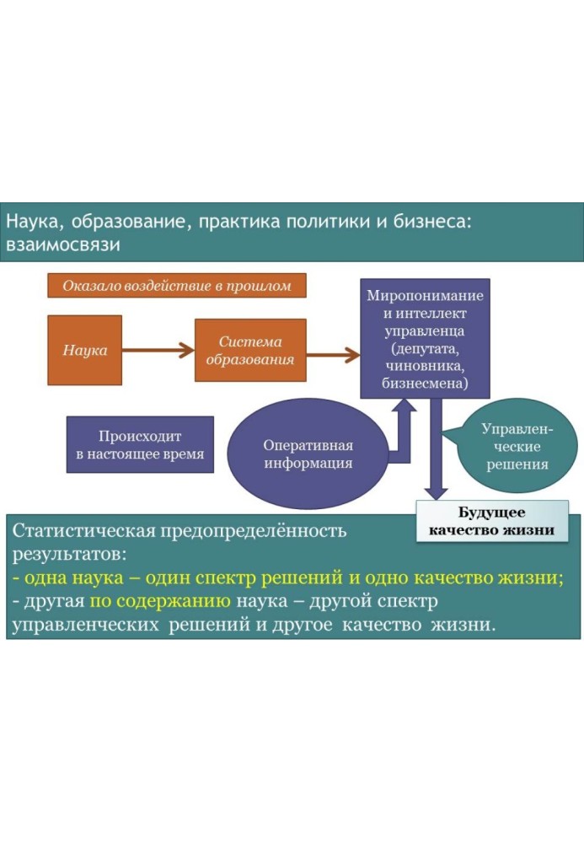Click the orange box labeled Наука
84,350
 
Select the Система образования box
250,351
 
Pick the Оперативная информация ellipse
308,454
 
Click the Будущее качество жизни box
491,522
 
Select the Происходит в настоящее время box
140,444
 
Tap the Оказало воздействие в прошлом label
176,286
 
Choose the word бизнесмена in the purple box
425,384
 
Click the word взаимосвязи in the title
64,245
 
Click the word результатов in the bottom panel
69,556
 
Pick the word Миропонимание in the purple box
425,297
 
